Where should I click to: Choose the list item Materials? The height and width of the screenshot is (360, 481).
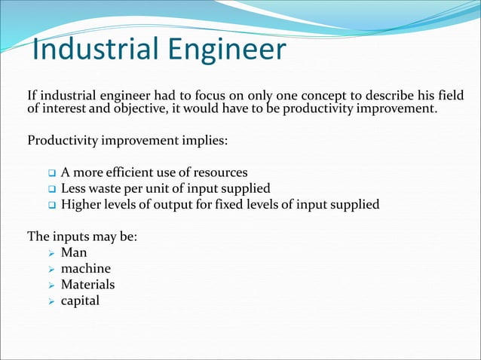click(87, 285)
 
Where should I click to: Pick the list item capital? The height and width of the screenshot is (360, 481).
click(80, 301)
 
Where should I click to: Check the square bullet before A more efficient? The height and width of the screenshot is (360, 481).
click(51, 173)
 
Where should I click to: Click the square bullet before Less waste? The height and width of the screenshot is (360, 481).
click(51, 189)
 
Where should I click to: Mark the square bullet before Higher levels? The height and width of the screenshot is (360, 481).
click(51, 205)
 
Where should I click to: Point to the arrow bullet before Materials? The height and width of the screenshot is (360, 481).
click(51, 285)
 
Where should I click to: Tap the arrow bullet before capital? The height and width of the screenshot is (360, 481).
click(51, 301)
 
